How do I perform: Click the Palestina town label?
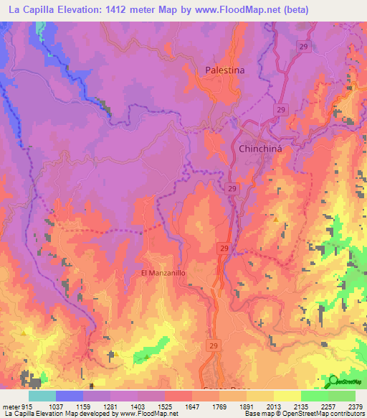(224, 70)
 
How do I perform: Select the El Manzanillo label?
(163, 274)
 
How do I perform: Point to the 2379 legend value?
(354, 407)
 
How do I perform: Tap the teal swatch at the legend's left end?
(42, 396)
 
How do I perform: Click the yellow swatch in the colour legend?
(287, 396)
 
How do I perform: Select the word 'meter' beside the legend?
(9, 407)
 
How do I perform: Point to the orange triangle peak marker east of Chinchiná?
(276, 219)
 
